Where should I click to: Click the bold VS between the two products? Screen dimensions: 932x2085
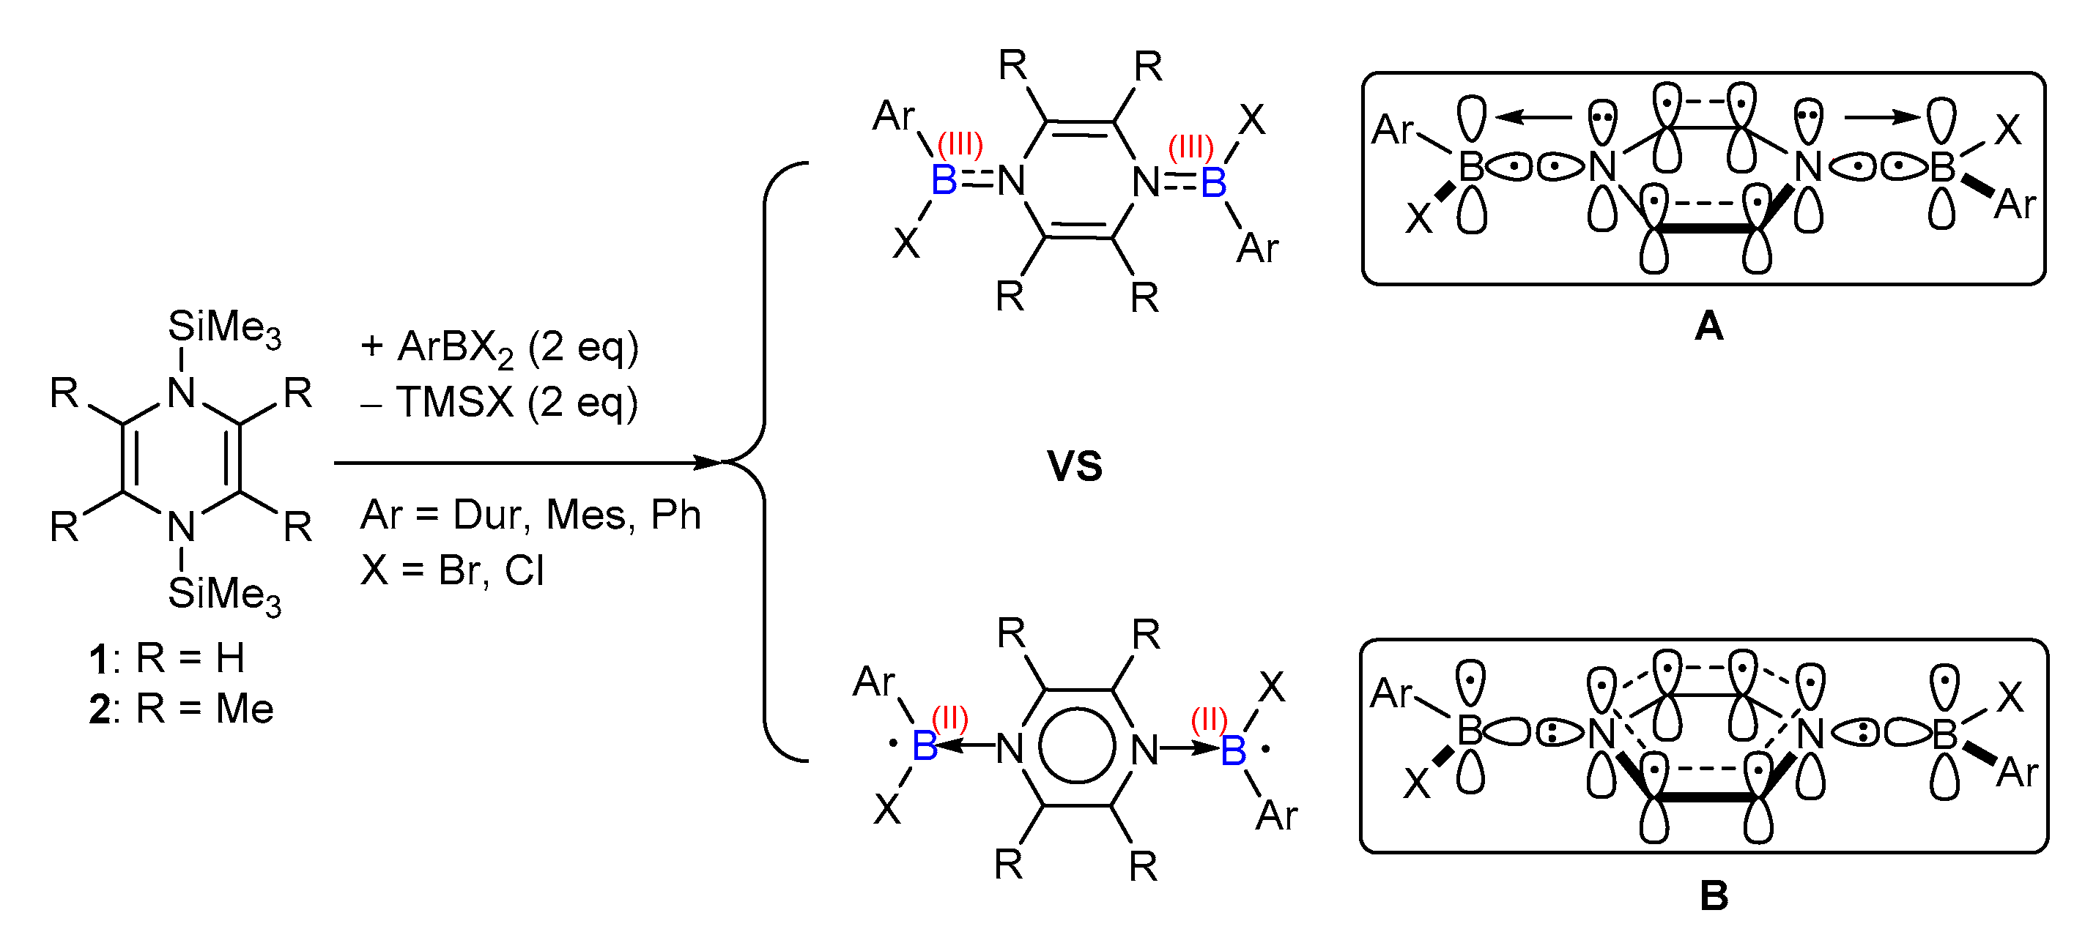pyautogui.click(x=1074, y=467)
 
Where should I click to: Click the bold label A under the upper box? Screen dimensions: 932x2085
pyautogui.click(x=1708, y=327)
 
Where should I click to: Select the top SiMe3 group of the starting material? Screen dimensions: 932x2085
pyautogui.click(x=224, y=329)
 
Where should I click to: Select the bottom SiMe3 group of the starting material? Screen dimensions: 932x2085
pyautogui.click(x=224, y=595)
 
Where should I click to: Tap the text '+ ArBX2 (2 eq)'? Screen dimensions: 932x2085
pyautogui.click(x=500, y=348)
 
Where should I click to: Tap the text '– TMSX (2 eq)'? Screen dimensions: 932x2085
pyautogui.click(x=500, y=403)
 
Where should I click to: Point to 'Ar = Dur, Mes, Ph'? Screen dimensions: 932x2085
pyautogui.click(x=530, y=515)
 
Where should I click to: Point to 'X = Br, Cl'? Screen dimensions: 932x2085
pyautogui.click(x=451, y=571)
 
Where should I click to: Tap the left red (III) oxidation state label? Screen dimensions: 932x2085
pyautogui.click(x=960, y=146)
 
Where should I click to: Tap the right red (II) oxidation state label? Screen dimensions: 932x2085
pyautogui.click(x=1210, y=718)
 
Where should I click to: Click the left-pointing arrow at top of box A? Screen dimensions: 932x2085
pyautogui.click(x=1532, y=118)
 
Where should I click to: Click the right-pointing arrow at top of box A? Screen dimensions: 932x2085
pyautogui.click(x=1882, y=118)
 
